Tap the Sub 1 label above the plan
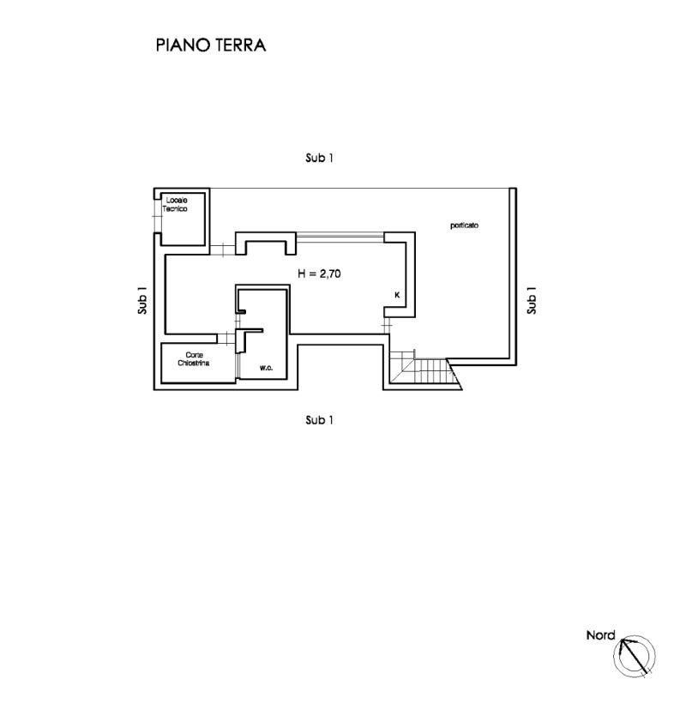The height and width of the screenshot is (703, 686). pos(319,159)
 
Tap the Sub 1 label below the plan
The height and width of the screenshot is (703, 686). pos(319,420)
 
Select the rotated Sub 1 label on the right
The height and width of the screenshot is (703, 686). pos(532,299)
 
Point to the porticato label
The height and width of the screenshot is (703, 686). pos(464,225)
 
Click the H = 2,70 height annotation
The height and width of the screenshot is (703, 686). pos(321,274)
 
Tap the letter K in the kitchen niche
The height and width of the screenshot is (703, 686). pos(396,295)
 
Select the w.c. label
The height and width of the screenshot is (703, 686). pos(267,368)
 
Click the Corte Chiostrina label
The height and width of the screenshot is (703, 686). pos(193,359)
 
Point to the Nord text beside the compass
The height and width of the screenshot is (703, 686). pos(600,635)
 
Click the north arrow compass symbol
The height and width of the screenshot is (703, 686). pos(634,656)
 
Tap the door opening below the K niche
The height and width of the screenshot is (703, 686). pos(386,326)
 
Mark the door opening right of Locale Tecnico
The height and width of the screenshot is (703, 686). pos(222,250)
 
